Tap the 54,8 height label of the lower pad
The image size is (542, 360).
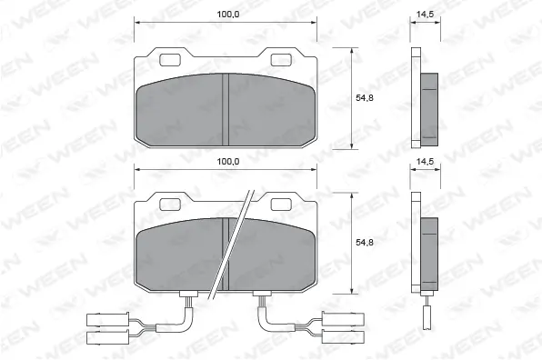click(x=364, y=243)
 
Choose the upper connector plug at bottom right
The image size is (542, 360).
click(x=348, y=319)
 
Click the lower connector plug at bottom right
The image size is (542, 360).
click(x=348, y=337)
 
